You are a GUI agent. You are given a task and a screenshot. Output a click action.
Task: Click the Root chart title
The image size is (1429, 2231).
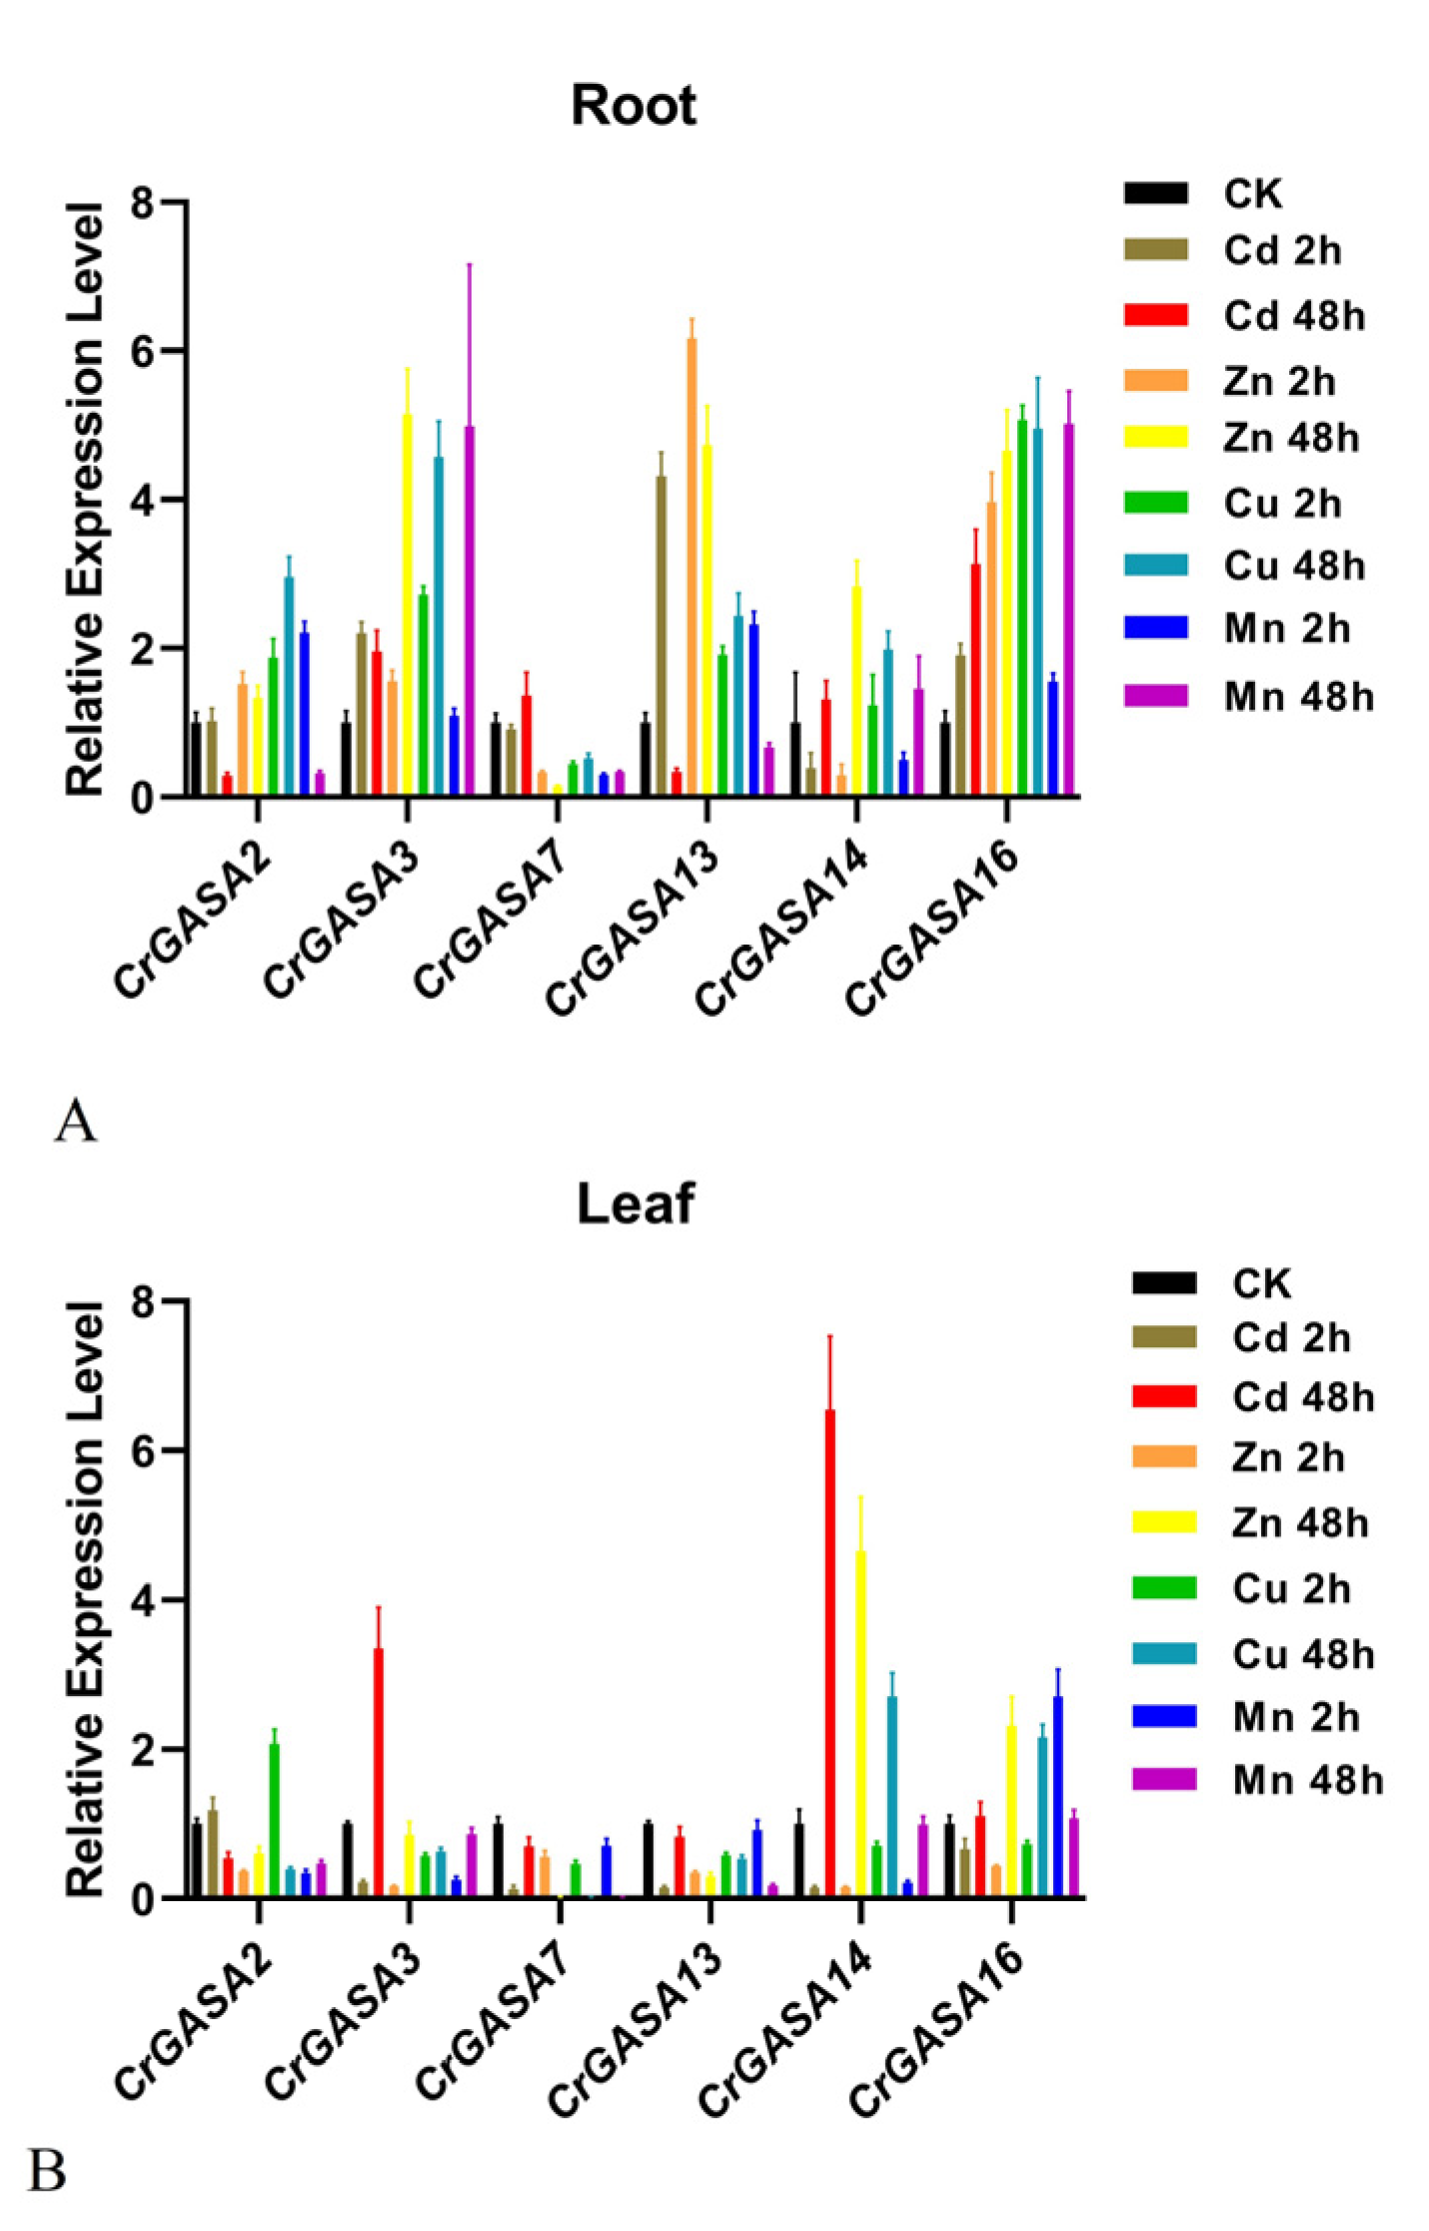[633, 106]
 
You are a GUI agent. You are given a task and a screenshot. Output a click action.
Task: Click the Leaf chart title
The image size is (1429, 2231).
[636, 1203]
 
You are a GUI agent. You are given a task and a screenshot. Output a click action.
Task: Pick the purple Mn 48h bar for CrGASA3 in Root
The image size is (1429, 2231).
[469, 610]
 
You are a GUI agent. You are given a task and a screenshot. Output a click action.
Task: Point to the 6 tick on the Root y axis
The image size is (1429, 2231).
[145, 351]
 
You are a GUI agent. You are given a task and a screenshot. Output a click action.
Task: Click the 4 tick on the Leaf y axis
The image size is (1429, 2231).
[145, 1600]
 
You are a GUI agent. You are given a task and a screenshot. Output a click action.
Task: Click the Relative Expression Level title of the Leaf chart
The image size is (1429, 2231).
[85, 1598]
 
